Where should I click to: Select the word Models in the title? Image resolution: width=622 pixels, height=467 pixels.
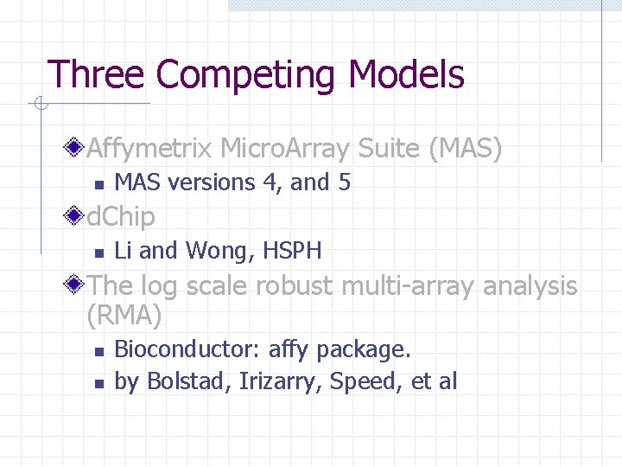point(406,75)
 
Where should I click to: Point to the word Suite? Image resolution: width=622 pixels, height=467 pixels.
point(388,150)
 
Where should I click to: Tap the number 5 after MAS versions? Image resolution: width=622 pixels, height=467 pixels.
point(344,182)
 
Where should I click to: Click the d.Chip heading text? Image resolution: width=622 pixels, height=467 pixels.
point(121,217)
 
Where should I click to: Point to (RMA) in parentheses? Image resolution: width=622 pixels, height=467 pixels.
point(124,317)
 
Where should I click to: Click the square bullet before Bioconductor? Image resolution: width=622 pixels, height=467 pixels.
point(99,352)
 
